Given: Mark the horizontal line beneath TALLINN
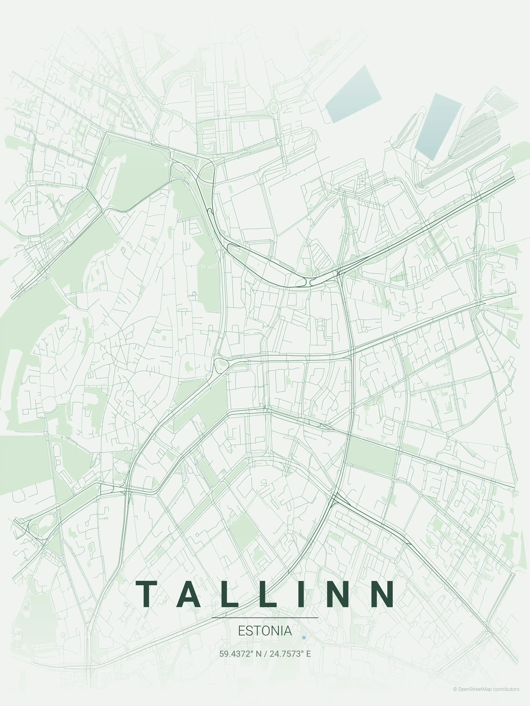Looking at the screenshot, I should tap(265, 618).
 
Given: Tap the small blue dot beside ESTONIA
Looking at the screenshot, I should tap(304, 637).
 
